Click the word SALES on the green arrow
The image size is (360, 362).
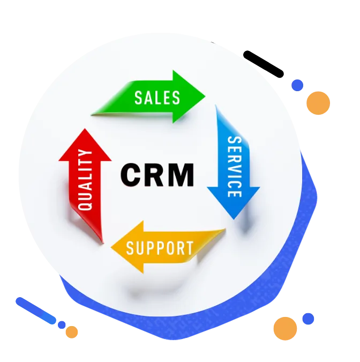pyautogui.click(x=157, y=98)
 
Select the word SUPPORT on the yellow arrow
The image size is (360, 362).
pyautogui.click(x=160, y=248)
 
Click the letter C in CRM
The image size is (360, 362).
pyautogui.click(x=131, y=175)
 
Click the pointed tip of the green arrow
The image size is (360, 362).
pyautogui.click(x=204, y=97)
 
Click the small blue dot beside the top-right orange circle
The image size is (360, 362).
pyautogui.click(x=297, y=85)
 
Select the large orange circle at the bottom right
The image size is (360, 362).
pyautogui.click(x=285, y=328)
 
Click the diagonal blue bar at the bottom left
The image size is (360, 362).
pyautogui.click(x=35, y=311)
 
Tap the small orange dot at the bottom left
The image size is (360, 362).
pyautogui.click(x=71, y=332)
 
